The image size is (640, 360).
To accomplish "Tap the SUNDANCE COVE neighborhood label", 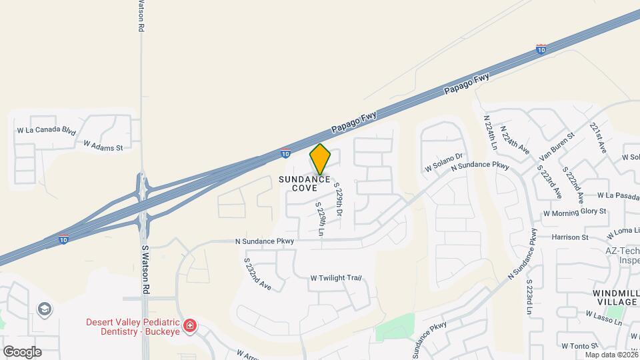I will [304, 183].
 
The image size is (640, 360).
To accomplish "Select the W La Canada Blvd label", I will [46, 130].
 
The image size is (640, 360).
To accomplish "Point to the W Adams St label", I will [103, 145].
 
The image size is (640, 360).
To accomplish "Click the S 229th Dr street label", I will [338, 199].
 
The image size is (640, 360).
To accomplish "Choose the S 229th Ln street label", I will [321, 219].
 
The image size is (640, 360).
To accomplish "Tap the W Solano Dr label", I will [444, 163].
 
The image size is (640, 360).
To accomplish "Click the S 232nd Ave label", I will [257, 275].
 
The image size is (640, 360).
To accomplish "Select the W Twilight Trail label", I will [335, 278].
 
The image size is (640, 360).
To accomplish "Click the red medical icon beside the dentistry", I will [191, 325].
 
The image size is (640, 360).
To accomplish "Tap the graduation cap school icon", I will [45, 309].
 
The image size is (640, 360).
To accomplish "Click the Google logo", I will [21, 352].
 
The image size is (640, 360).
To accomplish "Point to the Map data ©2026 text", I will [611, 355].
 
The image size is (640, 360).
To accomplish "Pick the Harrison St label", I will [570, 237].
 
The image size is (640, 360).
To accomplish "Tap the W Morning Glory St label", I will [574, 213].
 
